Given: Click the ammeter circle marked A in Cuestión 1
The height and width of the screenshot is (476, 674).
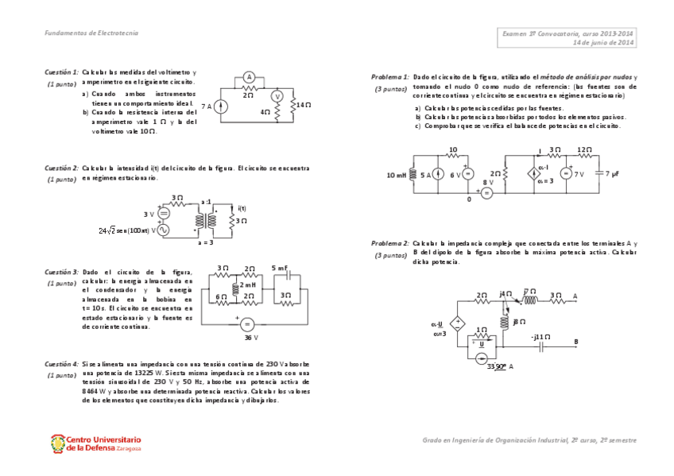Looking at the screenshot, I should [x=249, y=77].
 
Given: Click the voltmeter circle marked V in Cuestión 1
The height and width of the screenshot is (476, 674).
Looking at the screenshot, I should [x=277, y=95].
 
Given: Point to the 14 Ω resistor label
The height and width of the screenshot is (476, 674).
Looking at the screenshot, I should [x=303, y=105].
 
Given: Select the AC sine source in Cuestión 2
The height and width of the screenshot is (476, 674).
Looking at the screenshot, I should [x=163, y=230].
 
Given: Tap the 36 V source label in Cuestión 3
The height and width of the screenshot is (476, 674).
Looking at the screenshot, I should [x=251, y=338].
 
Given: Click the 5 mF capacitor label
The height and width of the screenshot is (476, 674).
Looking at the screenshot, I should [x=280, y=268].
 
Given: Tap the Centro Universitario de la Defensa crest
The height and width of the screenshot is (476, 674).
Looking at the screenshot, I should [x=57, y=443].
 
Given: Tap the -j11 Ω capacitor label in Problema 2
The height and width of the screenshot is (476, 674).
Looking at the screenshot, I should [x=541, y=336].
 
